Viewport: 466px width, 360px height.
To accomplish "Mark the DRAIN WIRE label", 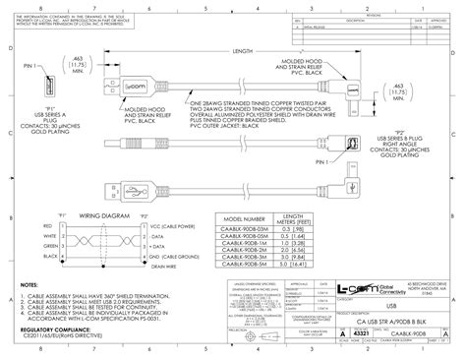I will tap(164, 266).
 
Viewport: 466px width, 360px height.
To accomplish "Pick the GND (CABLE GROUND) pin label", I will tap(175, 256).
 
